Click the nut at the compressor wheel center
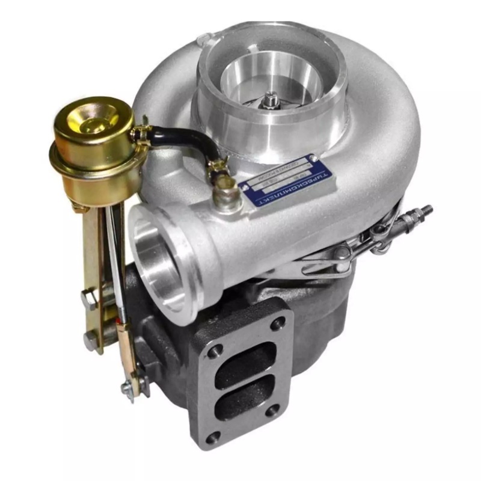click(271, 98)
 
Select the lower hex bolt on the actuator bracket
click(90, 342)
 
